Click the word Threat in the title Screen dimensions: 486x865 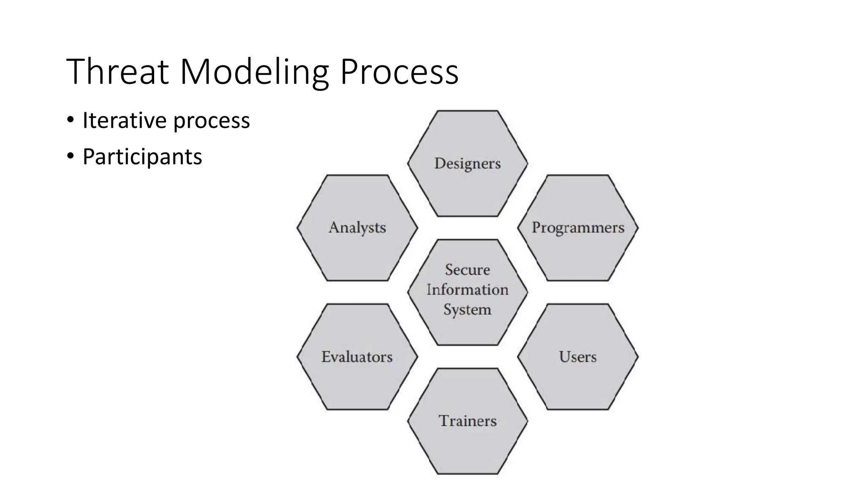pos(117,72)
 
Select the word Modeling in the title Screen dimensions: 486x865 pos(254,72)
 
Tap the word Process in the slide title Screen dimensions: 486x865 pos(399,72)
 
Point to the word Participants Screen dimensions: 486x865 pos(142,157)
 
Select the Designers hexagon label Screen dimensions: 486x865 pos(467,164)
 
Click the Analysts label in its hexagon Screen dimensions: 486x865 pos(357,228)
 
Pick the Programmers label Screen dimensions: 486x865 pos(578,228)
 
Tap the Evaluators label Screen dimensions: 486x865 pos(357,357)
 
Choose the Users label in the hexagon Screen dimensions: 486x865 pos(578,357)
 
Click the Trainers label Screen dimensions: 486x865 pos(468,421)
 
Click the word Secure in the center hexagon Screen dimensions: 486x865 pos(468,270)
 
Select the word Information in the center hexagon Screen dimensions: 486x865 pos(468,290)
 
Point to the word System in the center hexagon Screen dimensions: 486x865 pos(468,310)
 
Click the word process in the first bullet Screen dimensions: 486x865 pos(212,121)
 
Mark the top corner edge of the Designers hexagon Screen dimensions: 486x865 pos(468,111)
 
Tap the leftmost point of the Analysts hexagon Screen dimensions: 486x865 pos(298,228)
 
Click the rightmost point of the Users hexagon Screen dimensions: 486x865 pos(638,357)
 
